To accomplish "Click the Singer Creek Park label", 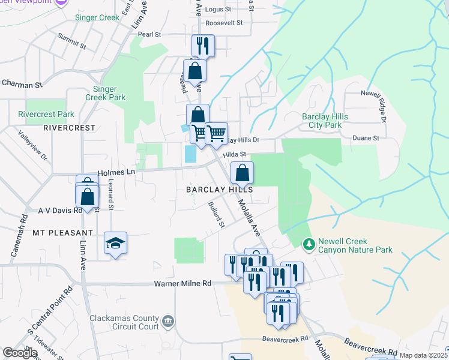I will [109, 93].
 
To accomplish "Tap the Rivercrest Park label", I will [46, 114].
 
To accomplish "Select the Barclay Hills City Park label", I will [321, 121].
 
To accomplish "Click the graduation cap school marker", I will [115, 243].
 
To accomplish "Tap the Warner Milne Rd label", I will [183, 283].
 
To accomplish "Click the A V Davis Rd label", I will [60, 211].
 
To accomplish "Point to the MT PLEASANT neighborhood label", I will [63, 232].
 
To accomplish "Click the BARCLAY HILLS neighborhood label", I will [219, 189].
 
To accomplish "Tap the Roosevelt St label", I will [223, 23].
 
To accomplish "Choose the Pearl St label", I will [149, 35].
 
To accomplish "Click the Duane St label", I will [368, 138].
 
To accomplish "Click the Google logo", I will [20, 353].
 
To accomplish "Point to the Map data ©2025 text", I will [423, 355].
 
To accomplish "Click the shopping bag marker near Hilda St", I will [241, 173].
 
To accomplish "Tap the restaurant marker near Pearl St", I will [202, 46].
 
